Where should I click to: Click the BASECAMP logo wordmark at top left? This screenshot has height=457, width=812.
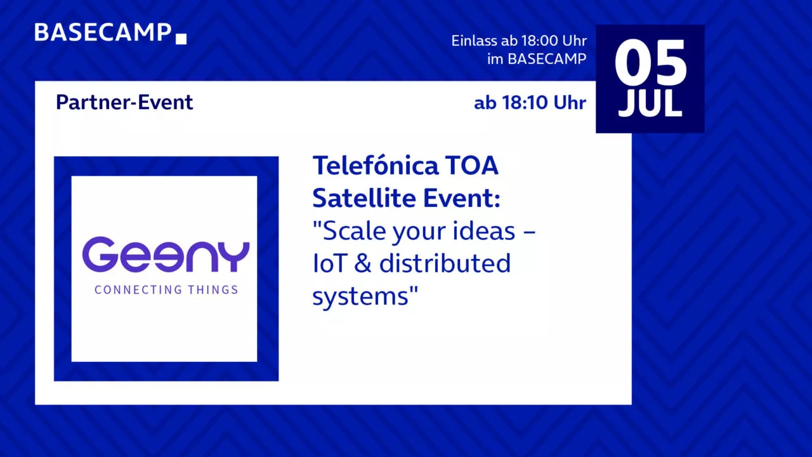tap(103, 32)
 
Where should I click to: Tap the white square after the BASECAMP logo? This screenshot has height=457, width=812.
tap(181, 39)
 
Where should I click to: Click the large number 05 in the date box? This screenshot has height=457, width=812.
tap(650, 63)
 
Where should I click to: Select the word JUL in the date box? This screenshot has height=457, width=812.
tap(650, 103)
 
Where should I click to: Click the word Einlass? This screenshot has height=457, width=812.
tap(474, 41)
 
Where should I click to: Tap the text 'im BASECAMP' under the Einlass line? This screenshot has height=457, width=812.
tap(537, 59)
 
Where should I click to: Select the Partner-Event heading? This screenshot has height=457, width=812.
tap(124, 102)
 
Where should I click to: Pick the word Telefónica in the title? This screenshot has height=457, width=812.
tap(376, 166)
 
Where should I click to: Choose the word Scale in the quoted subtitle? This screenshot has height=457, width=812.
tap(354, 231)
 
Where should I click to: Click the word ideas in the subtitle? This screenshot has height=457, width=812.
tap(484, 231)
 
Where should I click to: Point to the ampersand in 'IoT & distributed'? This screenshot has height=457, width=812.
tap(363, 263)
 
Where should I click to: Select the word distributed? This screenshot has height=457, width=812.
tap(445, 263)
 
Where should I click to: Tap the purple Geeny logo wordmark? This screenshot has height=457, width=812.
tap(166, 255)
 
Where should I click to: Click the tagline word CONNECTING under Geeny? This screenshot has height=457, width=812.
tap(138, 290)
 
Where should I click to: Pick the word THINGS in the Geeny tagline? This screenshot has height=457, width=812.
tap(213, 290)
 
